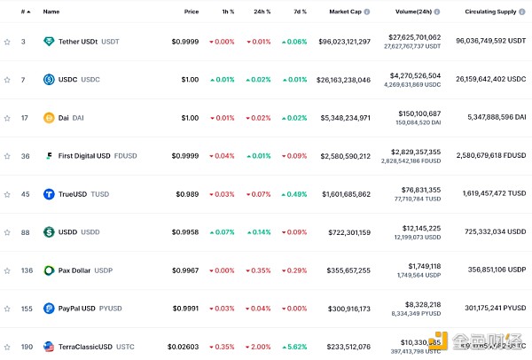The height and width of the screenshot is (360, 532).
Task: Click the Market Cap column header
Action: [x=346, y=12]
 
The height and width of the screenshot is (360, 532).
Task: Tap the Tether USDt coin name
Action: [x=78, y=42]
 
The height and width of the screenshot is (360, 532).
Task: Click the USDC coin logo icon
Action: [x=49, y=80]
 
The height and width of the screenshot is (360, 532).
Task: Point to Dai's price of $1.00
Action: [x=190, y=118]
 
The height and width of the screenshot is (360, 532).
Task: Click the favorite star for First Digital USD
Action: [x=7, y=156]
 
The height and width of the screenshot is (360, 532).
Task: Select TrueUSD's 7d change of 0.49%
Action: [x=296, y=194]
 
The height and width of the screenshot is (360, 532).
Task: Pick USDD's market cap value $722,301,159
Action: [x=344, y=232]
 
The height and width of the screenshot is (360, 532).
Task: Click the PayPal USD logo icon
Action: [x=49, y=309]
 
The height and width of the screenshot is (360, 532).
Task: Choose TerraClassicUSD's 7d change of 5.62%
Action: [x=296, y=347]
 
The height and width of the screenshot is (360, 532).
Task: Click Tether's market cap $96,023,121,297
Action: [x=338, y=42]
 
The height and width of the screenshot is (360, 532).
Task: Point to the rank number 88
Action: [x=25, y=232]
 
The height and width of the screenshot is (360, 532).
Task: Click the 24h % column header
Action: [x=262, y=12]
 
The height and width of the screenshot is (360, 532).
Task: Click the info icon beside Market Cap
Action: [x=367, y=12]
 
